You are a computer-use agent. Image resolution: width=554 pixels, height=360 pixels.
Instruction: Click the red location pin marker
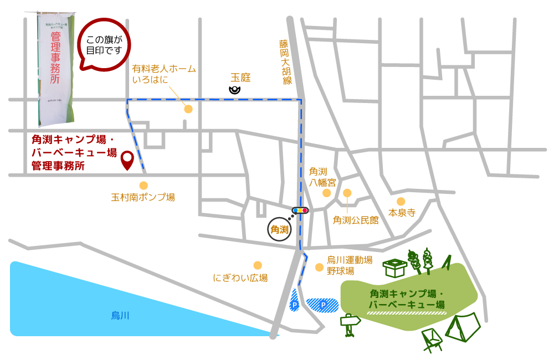click(127, 160)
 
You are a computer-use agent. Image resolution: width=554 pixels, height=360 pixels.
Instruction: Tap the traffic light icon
click(300, 210)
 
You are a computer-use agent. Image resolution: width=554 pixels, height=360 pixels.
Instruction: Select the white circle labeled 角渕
click(279, 229)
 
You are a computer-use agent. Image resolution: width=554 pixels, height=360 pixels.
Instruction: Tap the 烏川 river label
click(120, 315)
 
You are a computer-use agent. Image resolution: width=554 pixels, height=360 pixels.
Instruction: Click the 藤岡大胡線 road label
click(285, 61)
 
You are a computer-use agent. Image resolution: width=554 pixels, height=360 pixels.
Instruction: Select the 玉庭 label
click(240, 78)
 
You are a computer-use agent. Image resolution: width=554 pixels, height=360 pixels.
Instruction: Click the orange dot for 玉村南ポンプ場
click(143, 186)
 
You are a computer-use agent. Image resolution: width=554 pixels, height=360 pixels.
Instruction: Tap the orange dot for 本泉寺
click(401, 202)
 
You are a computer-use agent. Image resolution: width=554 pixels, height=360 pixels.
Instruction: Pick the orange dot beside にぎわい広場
click(258, 265)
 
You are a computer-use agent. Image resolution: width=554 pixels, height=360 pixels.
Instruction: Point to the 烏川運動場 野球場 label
click(349, 265)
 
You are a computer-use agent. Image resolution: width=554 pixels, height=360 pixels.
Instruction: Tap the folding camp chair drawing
click(431, 338)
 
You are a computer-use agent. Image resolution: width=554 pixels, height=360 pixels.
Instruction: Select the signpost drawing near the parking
click(350, 325)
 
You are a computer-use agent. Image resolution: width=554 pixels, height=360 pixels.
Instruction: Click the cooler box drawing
click(395, 268)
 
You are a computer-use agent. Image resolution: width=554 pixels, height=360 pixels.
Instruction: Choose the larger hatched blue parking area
click(322, 305)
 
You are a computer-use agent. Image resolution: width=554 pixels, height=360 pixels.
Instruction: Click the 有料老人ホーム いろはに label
click(163, 74)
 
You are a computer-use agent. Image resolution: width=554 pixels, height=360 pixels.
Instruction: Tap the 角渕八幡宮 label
click(322, 176)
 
